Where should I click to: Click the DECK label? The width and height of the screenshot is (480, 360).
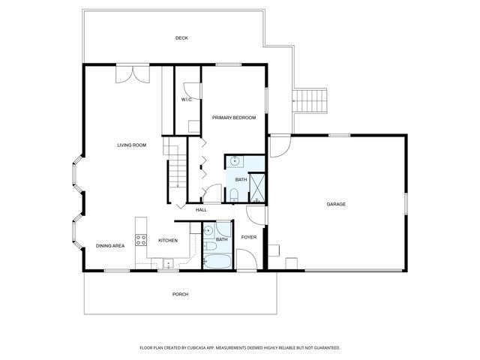181,38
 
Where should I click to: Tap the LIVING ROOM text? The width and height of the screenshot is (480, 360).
131,145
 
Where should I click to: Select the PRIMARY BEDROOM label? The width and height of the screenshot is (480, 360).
234,118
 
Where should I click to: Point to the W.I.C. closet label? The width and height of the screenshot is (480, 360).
187,100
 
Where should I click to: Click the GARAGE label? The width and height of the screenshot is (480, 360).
335,204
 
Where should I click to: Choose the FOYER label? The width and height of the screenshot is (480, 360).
248,238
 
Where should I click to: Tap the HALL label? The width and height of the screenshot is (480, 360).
201,210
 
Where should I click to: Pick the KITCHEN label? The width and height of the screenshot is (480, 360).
168,241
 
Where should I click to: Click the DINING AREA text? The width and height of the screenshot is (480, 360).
110,246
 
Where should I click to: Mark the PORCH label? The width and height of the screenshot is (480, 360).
180,294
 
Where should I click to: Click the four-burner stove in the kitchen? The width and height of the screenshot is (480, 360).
140,240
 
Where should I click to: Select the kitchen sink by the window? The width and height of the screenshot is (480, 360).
166,262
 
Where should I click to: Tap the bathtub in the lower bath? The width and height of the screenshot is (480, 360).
218,262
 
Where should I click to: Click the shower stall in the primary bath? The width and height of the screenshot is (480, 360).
257,187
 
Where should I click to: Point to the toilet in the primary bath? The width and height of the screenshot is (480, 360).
233,195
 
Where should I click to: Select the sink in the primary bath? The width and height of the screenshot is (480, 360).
234,160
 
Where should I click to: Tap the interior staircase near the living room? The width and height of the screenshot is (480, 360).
175,169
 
